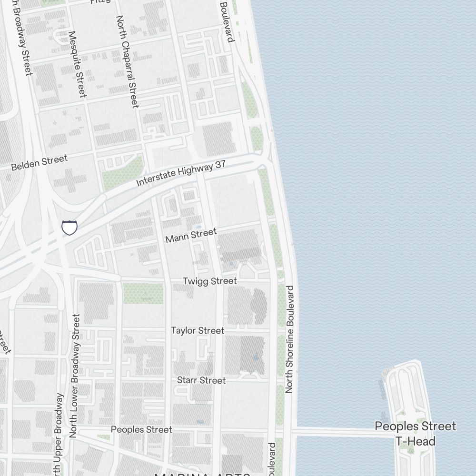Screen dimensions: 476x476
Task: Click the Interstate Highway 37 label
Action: [181, 173]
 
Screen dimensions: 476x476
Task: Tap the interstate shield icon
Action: [69, 228]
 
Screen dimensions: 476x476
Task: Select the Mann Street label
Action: [191, 235]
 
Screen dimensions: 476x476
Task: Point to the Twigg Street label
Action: [209, 281]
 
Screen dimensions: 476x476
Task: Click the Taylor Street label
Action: [198, 330]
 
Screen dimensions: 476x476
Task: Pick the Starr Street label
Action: [201, 380]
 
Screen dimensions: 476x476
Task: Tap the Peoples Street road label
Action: [141, 429]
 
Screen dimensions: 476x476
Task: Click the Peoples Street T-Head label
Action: [415, 434]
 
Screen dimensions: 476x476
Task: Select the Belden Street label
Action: [39, 163]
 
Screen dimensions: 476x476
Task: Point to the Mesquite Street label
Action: [77, 64]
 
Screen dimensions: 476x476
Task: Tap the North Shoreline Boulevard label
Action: [289, 339]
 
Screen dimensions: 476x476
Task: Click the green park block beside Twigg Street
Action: [143, 293]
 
